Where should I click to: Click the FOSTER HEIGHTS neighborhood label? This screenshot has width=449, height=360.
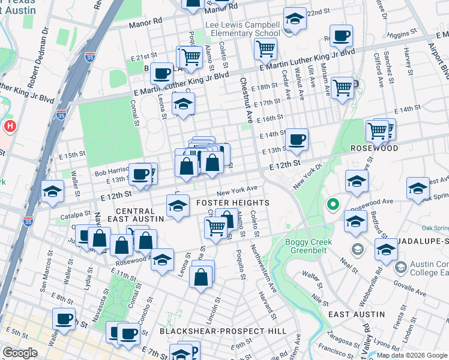[x=233, y=203]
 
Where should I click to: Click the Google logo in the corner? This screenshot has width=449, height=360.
[x=20, y=353]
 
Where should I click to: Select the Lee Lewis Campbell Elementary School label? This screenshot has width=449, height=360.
[x=243, y=29]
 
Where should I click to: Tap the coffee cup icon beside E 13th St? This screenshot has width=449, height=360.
[x=296, y=140]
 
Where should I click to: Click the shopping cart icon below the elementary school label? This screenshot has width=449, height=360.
[x=265, y=49]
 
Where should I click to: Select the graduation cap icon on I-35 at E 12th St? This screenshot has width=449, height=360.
[x=53, y=191]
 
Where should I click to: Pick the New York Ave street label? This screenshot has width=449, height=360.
[x=237, y=191]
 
